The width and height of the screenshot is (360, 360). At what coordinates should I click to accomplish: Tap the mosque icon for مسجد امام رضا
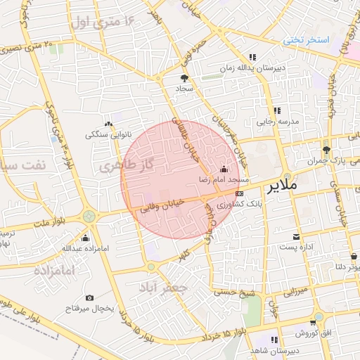click(224, 169)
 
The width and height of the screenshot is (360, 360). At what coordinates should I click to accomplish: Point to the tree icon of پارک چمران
click(326, 150)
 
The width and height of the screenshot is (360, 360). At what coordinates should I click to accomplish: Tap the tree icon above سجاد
click(184, 79)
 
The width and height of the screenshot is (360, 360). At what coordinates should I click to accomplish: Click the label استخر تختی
click(307, 39)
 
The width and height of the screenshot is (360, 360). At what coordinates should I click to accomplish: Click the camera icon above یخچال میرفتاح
click(89, 298)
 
